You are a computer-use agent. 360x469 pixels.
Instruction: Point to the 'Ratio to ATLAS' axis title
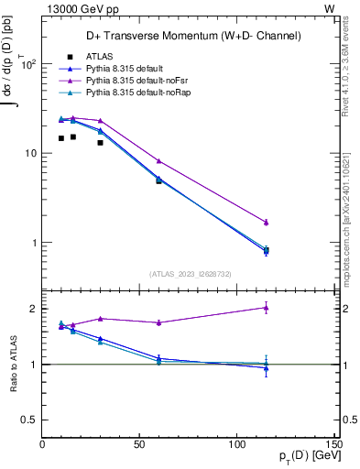(x=12, y=364)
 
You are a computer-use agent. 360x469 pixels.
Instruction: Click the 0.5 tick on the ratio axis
(x=29, y=420)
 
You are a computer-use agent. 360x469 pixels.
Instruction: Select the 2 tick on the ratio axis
(x=33, y=309)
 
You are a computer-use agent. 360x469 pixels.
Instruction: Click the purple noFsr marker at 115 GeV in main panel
(x=266, y=222)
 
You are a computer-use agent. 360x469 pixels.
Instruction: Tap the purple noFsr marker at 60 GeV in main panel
(x=158, y=161)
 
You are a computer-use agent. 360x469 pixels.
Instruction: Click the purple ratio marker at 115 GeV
(x=266, y=308)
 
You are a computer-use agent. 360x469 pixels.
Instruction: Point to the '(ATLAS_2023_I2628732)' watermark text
(x=189, y=273)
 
